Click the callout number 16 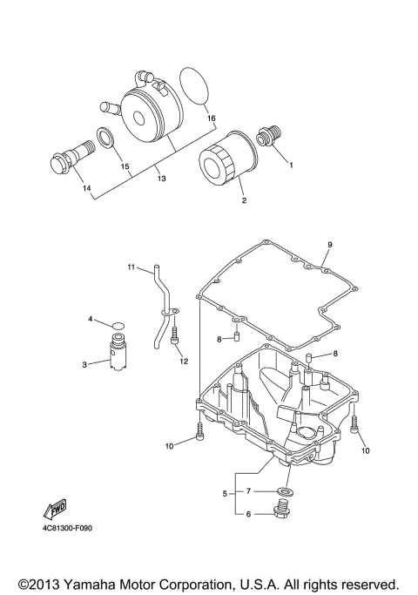pos(212,118)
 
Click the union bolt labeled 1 pos(269,136)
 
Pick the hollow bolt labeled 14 pos(73,158)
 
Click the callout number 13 pos(162,178)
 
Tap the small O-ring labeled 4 pos(118,326)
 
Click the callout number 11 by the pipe pos(131,267)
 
